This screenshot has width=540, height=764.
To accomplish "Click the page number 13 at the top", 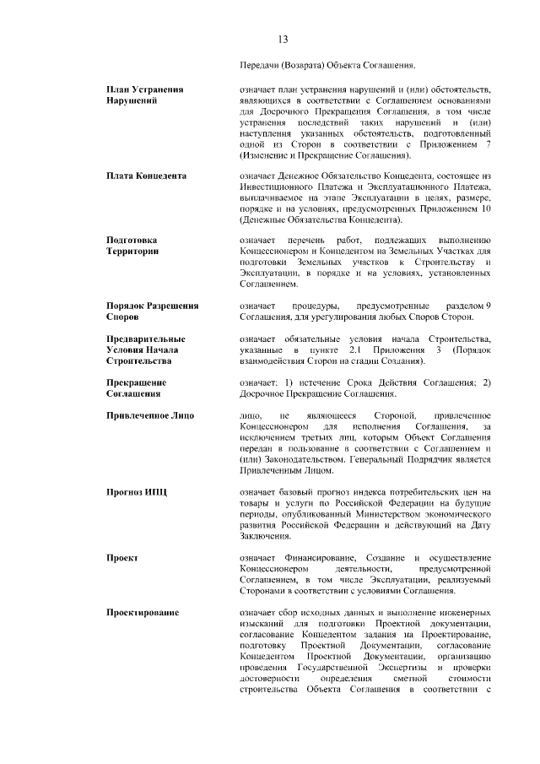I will [283, 40].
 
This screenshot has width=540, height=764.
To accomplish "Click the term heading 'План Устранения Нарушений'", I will [145, 95].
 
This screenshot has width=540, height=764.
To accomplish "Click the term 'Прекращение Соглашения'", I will [136, 387].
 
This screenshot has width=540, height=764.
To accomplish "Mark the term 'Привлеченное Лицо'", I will [149, 415].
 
